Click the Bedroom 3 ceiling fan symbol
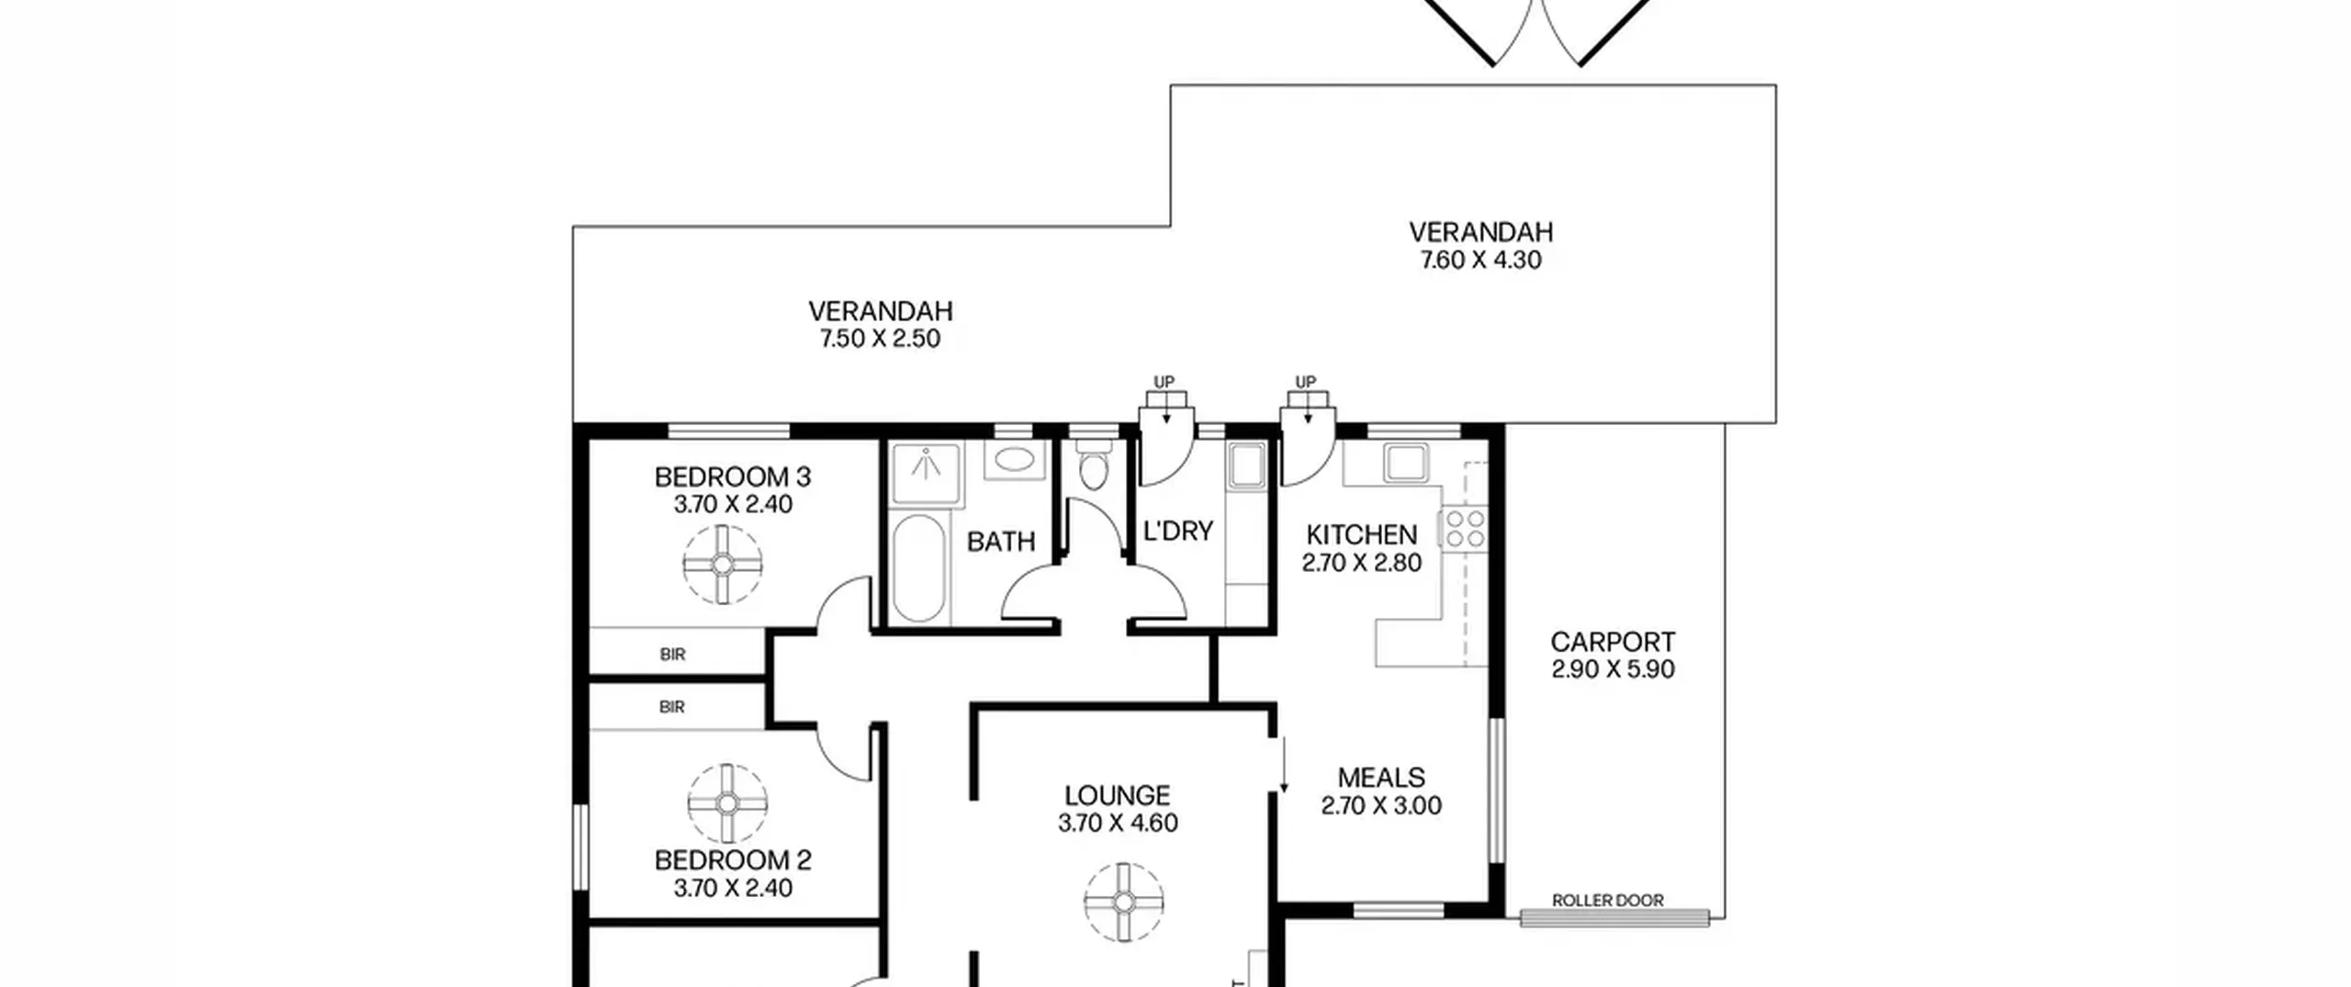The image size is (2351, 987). pyautogui.click(x=723, y=564)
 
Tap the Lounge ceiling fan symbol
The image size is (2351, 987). pyautogui.click(x=1123, y=902)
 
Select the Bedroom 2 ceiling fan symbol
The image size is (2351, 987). pyautogui.click(x=727, y=803)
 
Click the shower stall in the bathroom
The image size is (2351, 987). pyautogui.click(x=927, y=474)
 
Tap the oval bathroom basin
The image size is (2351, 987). pyautogui.click(x=1013, y=460)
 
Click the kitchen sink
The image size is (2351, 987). pyautogui.click(x=1405, y=463)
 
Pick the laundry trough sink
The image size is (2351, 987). pyautogui.click(x=1247, y=465)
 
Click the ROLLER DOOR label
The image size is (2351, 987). pyautogui.click(x=1608, y=901)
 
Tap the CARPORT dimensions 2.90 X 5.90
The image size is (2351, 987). pyautogui.click(x=1614, y=669)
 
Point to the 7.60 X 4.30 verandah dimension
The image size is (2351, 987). pyautogui.click(x=1481, y=260)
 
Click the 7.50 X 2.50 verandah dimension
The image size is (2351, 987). pyautogui.click(x=881, y=339)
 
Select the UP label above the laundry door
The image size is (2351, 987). pyautogui.click(x=1164, y=382)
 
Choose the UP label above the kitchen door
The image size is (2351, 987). pyautogui.click(x=1305, y=382)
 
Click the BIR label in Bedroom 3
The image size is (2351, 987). pyautogui.click(x=672, y=655)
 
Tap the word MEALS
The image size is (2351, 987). pyautogui.click(x=1381, y=778)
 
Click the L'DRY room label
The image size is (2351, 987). pyautogui.click(x=1178, y=531)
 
